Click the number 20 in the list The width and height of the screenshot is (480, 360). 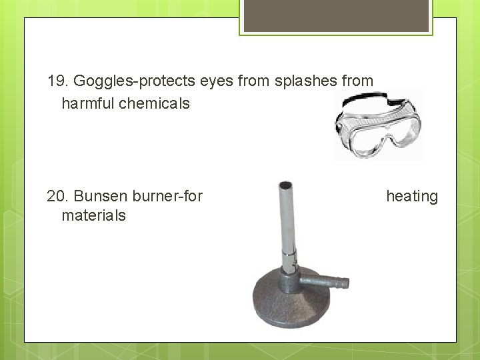pos(57,197)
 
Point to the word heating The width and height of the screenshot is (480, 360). pos(412,197)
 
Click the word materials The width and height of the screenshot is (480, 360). pos(93,216)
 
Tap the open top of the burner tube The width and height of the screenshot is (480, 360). pos(286,185)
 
